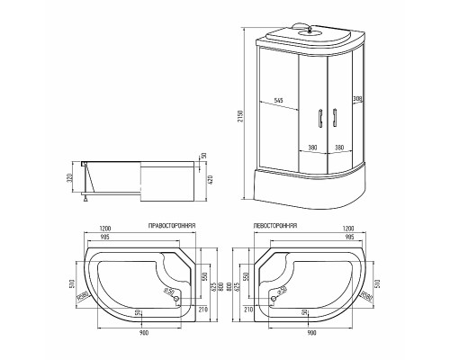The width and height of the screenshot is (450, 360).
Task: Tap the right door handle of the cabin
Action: [332, 118]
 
